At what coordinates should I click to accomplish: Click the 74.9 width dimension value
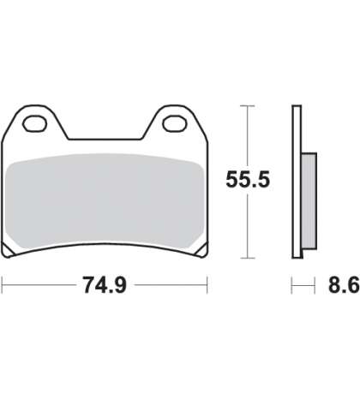click(x=105, y=285)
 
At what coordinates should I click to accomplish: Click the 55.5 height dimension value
click(x=248, y=180)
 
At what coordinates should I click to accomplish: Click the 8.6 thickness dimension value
click(x=344, y=285)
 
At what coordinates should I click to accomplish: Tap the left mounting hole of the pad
click(x=35, y=123)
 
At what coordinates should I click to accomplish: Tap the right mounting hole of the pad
click(x=175, y=123)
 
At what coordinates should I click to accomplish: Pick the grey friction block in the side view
click(x=309, y=201)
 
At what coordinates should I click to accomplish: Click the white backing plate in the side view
click(x=297, y=182)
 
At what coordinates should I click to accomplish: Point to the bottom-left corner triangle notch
click(x=8, y=250)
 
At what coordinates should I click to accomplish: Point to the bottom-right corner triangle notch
click(x=201, y=250)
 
